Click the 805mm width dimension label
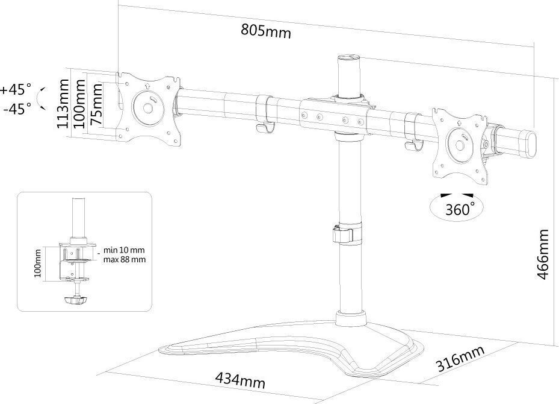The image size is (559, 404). tap(266, 31)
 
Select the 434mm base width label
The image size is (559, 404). tap(240, 380)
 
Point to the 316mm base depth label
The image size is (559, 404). tap(460, 358)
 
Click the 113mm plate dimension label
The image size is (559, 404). tap(63, 104)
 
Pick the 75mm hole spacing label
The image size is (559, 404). tap(96, 104)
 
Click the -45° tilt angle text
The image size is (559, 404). tap(17, 109)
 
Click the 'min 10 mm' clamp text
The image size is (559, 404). tap(124, 250)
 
